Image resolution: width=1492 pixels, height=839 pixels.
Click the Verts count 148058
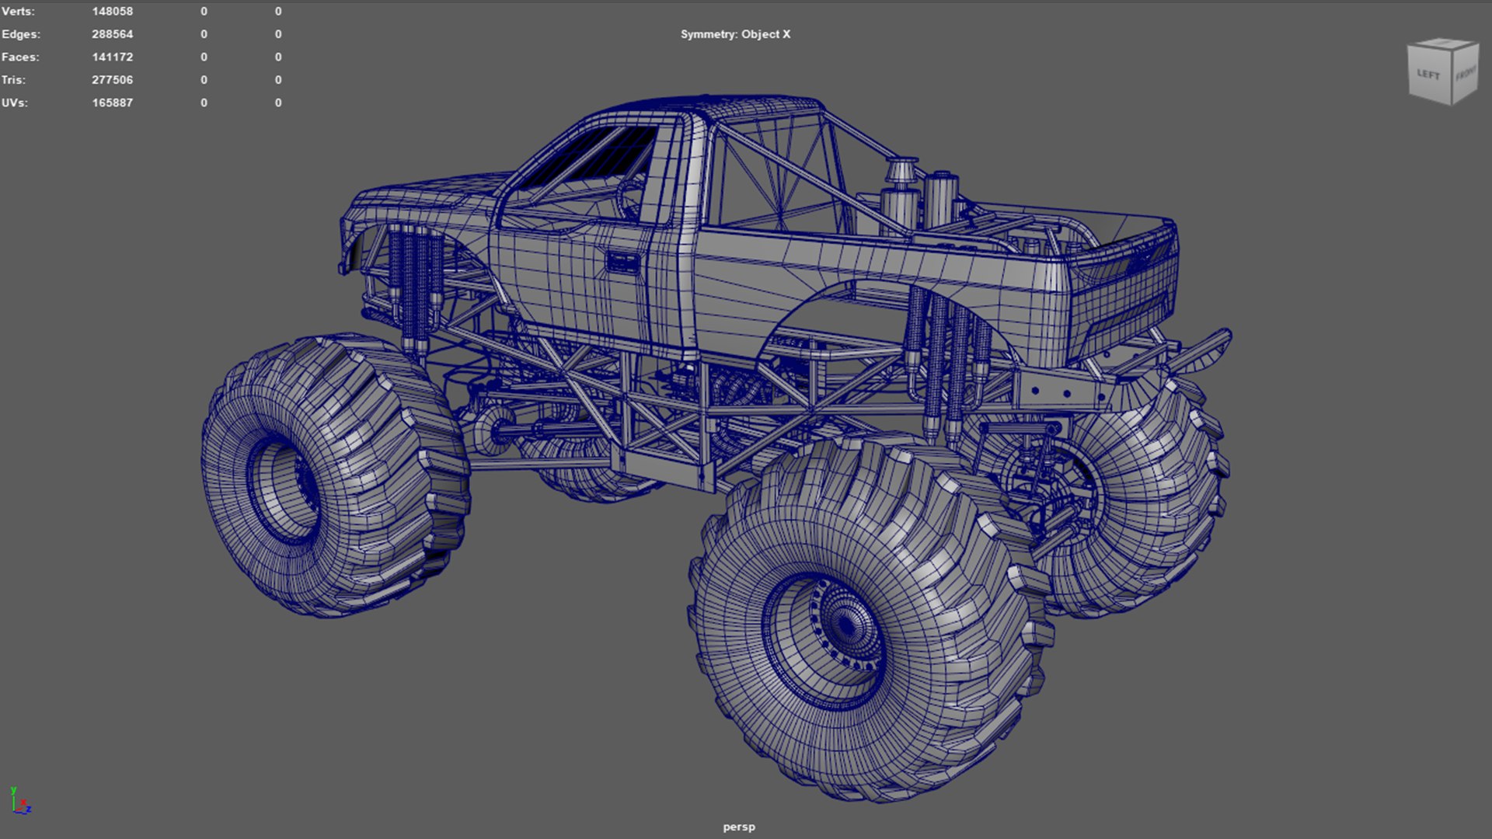tap(112, 12)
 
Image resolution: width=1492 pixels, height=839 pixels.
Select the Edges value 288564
tap(112, 34)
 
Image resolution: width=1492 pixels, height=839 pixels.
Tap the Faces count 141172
tap(112, 57)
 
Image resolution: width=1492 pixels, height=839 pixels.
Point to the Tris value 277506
tap(112, 80)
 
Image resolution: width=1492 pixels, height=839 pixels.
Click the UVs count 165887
tap(112, 103)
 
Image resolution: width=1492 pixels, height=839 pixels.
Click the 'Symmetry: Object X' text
tap(735, 34)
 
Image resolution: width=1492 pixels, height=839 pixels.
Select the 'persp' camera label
tap(738, 827)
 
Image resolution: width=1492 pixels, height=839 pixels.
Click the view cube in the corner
tap(1441, 71)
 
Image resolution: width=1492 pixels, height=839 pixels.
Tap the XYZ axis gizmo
tap(20, 802)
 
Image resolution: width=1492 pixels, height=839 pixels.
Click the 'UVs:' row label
tap(14, 103)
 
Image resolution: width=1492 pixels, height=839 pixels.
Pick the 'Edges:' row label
tap(21, 34)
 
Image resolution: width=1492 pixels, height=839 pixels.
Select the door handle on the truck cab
tap(622, 262)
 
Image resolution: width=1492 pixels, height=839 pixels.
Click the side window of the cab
tap(591, 159)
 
